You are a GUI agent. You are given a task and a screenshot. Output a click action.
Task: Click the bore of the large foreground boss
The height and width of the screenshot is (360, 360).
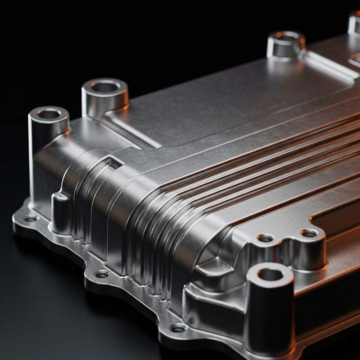[270, 275]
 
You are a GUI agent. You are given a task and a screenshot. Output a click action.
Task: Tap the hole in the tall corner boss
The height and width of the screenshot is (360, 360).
[49, 114]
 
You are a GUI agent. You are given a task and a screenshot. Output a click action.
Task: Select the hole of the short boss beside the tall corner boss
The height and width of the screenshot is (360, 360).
[105, 86]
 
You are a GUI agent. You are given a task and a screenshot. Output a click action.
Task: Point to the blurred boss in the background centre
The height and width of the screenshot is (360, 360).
[286, 44]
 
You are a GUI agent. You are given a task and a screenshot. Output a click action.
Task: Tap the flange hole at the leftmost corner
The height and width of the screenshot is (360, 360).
[31, 219]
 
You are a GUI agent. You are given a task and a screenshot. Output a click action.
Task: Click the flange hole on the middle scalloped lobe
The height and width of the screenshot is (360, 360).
[102, 274]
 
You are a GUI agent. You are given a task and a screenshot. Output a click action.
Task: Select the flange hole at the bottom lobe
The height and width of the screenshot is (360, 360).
[178, 328]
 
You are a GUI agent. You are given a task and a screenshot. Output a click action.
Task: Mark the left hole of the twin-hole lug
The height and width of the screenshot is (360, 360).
[265, 238]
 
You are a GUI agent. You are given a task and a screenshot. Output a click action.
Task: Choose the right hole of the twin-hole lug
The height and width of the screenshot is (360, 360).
[309, 233]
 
